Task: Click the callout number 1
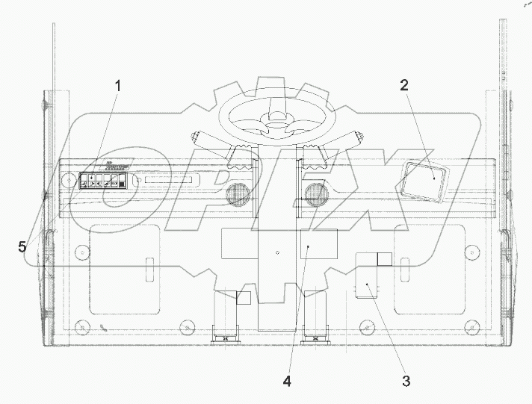click(117, 86)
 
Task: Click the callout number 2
click(403, 84)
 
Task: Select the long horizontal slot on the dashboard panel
click(172, 181)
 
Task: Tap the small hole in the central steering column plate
click(277, 252)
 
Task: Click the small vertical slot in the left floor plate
click(149, 267)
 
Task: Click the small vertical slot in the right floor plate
click(406, 267)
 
